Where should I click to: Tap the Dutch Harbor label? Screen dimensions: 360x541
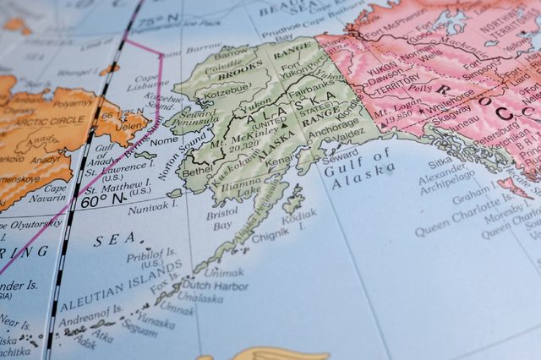click(217, 286)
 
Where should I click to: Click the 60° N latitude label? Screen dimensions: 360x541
click(103, 200)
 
